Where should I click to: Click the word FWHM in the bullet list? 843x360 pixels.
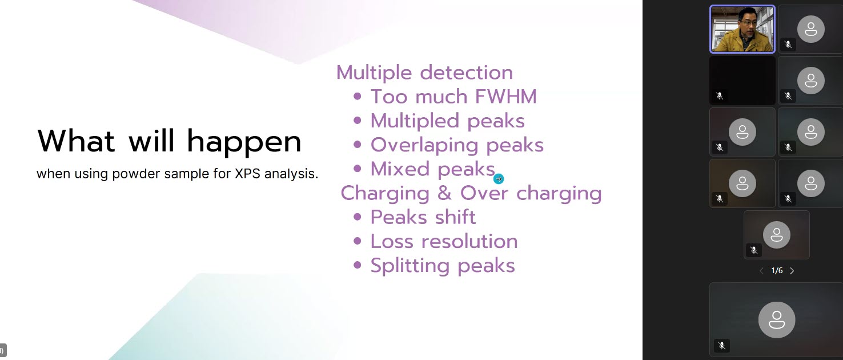tap(505, 97)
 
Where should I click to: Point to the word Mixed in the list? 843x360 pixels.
tap(400, 169)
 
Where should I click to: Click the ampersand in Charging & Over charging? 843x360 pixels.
tap(444, 193)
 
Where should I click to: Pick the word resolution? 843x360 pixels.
tap(469, 241)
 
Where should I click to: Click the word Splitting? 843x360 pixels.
tap(410, 266)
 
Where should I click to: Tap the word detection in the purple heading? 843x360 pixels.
tap(466, 73)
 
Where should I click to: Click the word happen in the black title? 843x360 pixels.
tap(244, 142)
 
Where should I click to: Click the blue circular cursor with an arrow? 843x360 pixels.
tap(499, 179)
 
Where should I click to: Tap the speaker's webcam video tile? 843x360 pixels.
tap(742, 29)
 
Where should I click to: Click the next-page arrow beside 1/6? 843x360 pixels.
tap(792, 271)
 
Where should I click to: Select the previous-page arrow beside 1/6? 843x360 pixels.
tap(761, 271)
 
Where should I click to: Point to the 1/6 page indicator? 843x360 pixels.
tap(777, 270)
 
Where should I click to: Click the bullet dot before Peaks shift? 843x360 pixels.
tap(358, 217)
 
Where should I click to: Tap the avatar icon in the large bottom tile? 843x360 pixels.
tap(776, 319)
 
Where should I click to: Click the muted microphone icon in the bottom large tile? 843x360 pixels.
tap(721, 345)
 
